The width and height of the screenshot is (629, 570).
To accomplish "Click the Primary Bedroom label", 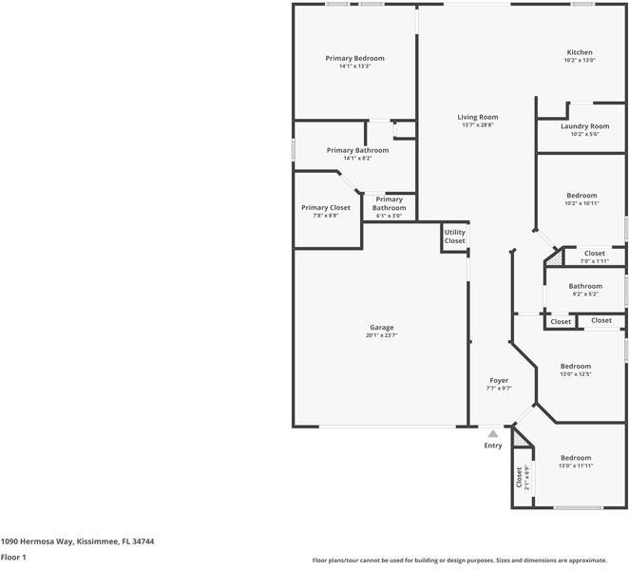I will pyautogui.click(x=354, y=58).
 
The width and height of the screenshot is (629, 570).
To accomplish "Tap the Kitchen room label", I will pyautogui.click(x=580, y=52).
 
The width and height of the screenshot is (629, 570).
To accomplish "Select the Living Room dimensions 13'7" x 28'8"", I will pyautogui.click(x=479, y=125).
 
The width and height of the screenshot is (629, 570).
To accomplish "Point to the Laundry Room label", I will pyautogui.click(x=584, y=126).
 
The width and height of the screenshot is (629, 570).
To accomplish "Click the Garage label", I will pyautogui.click(x=381, y=328).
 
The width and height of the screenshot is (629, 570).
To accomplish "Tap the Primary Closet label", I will pyautogui.click(x=326, y=207).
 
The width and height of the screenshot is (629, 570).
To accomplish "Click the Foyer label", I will pyautogui.click(x=499, y=380).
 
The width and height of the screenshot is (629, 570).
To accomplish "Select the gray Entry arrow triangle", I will pyautogui.click(x=492, y=433).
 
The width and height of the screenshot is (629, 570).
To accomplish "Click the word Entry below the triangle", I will pyautogui.click(x=492, y=446).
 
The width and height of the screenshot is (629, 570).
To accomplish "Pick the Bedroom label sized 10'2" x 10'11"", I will pyautogui.click(x=581, y=195).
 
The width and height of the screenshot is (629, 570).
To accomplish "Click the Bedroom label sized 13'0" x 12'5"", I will pyautogui.click(x=575, y=366).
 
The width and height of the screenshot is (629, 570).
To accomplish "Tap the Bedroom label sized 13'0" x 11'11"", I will pyautogui.click(x=575, y=457).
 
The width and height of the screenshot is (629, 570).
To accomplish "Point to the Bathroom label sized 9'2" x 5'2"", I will pyautogui.click(x=585, y=286).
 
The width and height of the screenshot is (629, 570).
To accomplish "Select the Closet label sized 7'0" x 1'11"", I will pyautogui.click(x=594, y=254).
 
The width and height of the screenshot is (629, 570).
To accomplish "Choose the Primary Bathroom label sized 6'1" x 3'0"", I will pyautogui.click(x=389, y=203).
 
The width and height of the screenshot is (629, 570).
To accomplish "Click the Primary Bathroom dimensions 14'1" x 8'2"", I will pyautogui.click(x=357, y=159).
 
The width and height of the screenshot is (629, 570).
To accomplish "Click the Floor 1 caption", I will pyautogui.click(x=13, y=557).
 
